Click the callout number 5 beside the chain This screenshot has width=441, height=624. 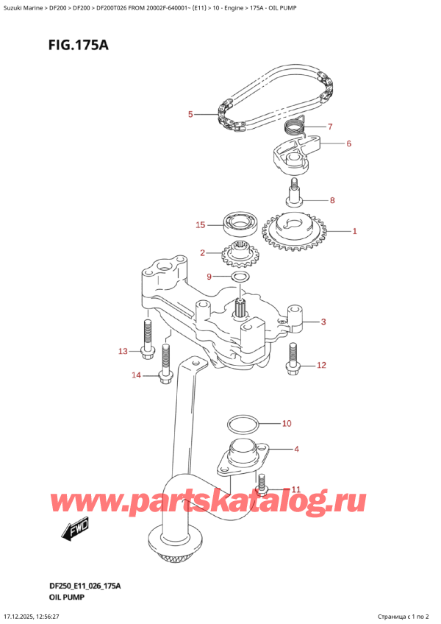click(x=190, y=114)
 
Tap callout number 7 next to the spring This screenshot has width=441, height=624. click(x=330, y=126)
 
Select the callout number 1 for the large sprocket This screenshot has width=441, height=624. click(x=354, y=232)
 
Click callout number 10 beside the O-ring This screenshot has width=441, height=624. click(x=287, y=423)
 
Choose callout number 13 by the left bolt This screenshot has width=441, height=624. click(x=123, y=352)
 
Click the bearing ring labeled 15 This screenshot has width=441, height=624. click(x=238, y=221)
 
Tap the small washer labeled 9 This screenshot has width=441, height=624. click(x=240, y=277)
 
